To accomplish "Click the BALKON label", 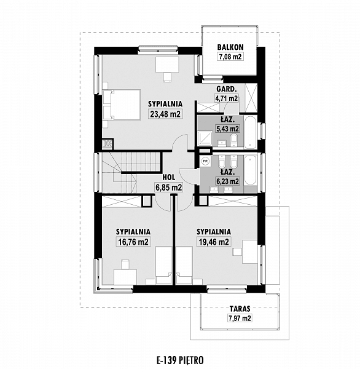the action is click(230, 47).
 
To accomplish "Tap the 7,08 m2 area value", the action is click(230, 57).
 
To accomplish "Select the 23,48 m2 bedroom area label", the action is click(165, 114).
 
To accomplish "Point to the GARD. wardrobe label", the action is click(227, 89).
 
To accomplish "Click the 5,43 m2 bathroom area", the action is click(227, 129).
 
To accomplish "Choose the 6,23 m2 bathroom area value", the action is click(227, 181).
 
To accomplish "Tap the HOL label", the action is click(168, 177).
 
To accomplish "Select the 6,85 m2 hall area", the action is click(168, 188).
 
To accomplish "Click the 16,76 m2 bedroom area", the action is click(133, 242).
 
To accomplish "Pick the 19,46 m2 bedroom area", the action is click(214, 242).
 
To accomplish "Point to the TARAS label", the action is click(240, 308).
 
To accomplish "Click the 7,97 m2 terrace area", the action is click(240, 318).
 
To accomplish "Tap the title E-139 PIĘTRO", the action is click(180, 360).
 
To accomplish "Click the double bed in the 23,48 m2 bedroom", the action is click(122, 105).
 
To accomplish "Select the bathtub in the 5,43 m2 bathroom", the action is click(249, 132).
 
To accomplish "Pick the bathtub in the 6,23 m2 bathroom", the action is click(249, 170).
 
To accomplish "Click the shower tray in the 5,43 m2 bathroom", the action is click(205, 139).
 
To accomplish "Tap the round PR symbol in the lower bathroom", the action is click(205, 161).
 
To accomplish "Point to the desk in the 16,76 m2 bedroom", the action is click(125, 277).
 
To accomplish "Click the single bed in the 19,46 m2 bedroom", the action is click(184, 265).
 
